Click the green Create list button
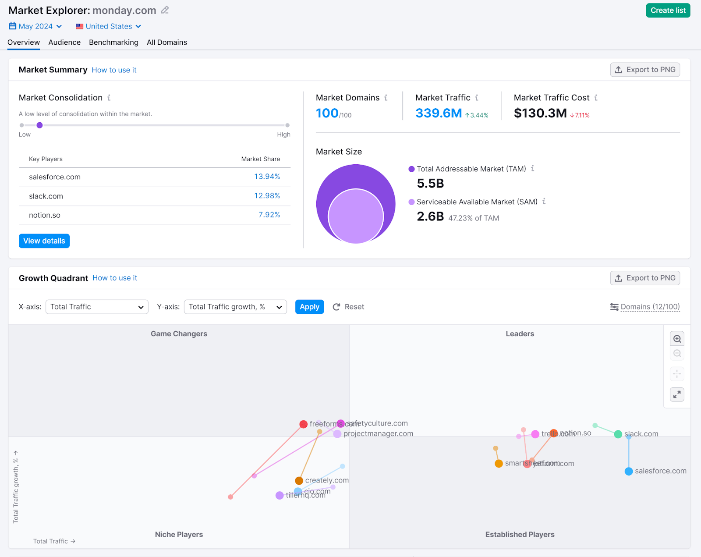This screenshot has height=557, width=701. (x=668, y=11)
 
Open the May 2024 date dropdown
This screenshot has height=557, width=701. (x=35, y=26)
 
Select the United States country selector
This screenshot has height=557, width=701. (x=108, y=26)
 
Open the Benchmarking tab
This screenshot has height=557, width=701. (x=113, y=43)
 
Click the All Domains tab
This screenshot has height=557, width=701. (x=166, y=43)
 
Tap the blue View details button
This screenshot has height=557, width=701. (x=44, y=241)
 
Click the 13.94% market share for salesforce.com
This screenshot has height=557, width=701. (x=267, y=177)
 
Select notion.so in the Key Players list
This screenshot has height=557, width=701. (x=45, y=215)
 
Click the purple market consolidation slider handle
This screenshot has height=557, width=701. (x=39, y=125)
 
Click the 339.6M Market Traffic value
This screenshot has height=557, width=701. (x=438, y=114)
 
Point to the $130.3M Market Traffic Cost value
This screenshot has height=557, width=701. (x=540, y=114)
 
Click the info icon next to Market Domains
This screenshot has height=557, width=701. (x=386, y=98)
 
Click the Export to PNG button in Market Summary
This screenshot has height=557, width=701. (x=644, y=70)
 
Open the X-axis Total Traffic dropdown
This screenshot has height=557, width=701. (x=97, y=307)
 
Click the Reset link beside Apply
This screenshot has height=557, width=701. (x=349, y=307)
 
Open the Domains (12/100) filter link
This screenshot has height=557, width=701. (x=650, y=307)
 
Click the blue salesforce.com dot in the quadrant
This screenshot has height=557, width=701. (x=629, y=471)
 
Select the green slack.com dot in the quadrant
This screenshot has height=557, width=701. (x=618, y=434)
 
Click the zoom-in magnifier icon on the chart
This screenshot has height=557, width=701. (x=677, y=339)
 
